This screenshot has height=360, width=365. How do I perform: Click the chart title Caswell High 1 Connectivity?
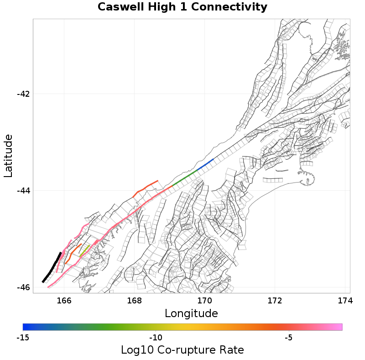(x=182, y=7)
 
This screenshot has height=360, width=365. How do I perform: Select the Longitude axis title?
(x=191, y=313)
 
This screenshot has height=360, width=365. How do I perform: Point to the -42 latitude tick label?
(x=23, y=94)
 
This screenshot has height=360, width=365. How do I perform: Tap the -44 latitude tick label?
(x=23, y=191)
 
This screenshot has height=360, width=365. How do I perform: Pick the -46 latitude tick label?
(x=23, y=287)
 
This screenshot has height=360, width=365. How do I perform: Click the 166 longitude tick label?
(x=64, y=300)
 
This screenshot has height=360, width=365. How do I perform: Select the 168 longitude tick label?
(x=134, y=300)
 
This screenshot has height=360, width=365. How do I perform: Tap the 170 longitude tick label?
(x=204, y=300)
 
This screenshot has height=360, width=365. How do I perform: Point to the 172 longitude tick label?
(x=275, y=300)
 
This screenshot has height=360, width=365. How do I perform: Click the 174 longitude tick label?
(x=344, y=300)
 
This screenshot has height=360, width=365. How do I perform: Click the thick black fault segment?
(x=52, y=267)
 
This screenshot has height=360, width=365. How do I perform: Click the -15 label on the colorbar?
(x=23, y=338)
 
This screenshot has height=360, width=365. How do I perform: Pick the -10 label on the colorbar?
(x=156, y=338)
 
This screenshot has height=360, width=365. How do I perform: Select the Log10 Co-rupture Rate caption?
(x=182, y=350)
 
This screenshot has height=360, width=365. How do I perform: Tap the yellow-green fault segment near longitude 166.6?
(x=85, y=250)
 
